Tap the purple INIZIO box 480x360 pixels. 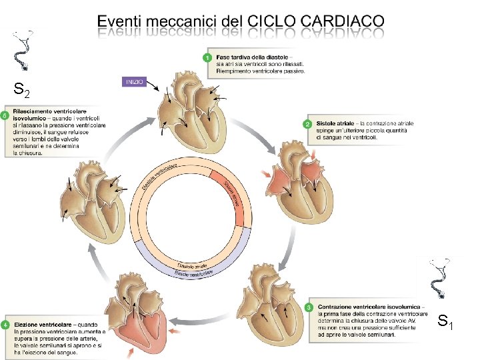click(132, 82)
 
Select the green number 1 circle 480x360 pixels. click(207, 58)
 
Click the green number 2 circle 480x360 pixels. click(308, 124)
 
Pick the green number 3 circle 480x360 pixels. click(309, 307)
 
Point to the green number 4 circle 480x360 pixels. click(5, 325)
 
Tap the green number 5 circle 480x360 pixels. click(5, 115)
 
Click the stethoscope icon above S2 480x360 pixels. click(23, 50)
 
